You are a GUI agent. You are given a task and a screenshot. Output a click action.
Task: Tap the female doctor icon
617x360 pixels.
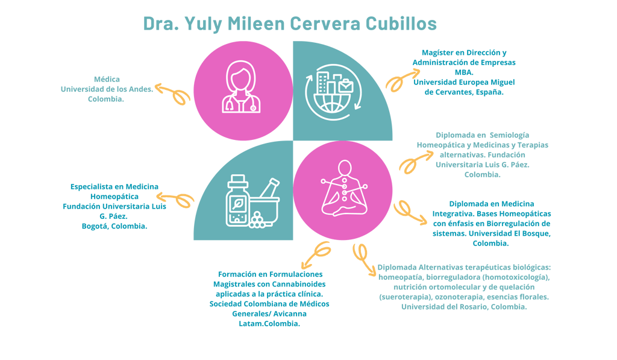pyautogui.click(x=241, y=87)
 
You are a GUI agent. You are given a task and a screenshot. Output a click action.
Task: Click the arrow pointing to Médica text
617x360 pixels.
pyautogui.click(x=172, y=93)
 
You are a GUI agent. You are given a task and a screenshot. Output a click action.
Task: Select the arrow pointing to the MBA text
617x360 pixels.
pyautogui.click(x=402, y=80)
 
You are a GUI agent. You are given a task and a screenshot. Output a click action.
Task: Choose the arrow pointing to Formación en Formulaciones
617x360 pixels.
pyautogui.click(x=315, y=254)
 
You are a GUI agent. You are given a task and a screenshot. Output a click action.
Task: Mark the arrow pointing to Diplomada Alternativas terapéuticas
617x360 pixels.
pyautogui.click(x=364, y=259)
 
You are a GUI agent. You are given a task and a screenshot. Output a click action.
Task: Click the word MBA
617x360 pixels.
pyautogui.click(x=464, y=72)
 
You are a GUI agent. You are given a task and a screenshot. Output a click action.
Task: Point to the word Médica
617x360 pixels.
pyautogui.click(x=107, y=79)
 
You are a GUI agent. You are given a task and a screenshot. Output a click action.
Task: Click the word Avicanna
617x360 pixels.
pyautogui.click(x=290, y=314)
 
